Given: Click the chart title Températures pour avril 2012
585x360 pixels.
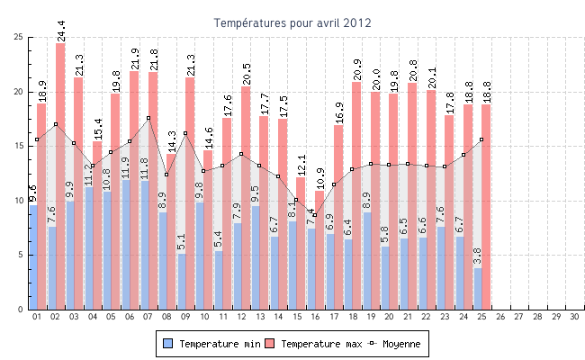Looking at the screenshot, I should pos(292,22).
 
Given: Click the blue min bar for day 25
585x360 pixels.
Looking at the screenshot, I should pos(478,288).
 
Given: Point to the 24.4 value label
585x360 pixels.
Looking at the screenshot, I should pos(61,31).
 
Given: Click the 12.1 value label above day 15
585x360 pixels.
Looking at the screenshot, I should pos(301,165).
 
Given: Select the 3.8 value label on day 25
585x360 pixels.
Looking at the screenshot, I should pos(478,256).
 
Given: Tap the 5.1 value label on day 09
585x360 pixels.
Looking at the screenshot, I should pos(182,241).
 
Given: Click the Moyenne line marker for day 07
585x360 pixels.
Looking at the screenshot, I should pos(148,118).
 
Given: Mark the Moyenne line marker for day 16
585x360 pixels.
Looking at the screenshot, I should pos(315,215).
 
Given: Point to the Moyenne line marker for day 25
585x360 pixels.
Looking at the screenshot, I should pos(481,139).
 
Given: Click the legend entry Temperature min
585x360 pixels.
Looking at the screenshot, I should pos(211,344).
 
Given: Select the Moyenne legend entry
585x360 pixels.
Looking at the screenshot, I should pos(396,344).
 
